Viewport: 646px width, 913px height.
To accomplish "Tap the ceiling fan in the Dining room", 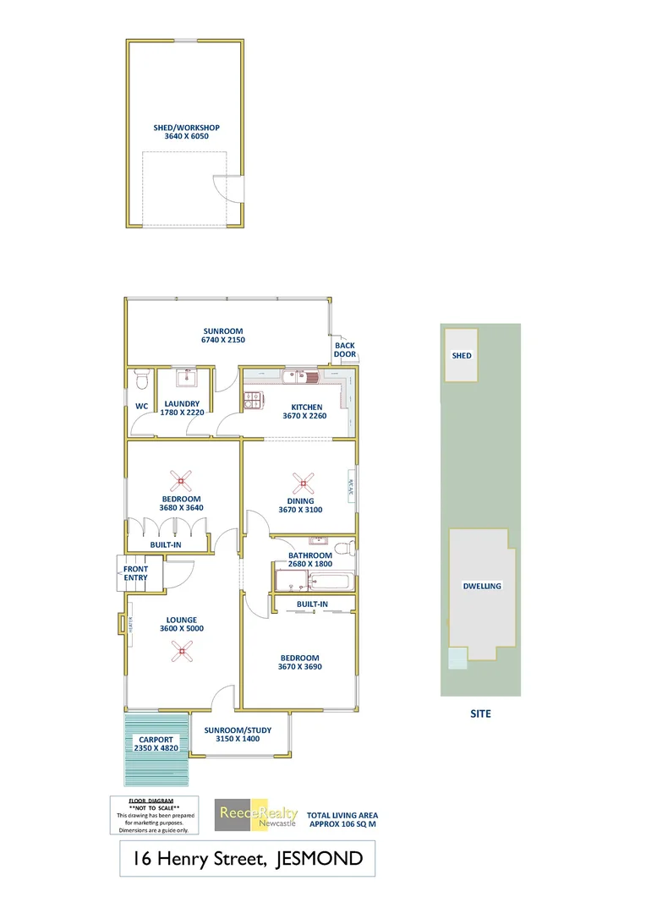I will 302,484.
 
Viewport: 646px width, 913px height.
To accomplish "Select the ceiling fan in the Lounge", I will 180,649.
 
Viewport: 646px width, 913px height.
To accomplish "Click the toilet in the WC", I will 141,374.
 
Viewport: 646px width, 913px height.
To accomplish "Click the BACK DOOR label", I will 345,349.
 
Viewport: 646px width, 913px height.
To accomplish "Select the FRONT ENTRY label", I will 135,573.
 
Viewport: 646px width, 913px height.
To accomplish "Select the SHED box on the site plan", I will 462,356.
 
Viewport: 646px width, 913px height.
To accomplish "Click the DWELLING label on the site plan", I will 482,586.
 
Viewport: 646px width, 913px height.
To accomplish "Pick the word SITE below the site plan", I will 480,713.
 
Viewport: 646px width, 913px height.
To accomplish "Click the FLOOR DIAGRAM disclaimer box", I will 156,816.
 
